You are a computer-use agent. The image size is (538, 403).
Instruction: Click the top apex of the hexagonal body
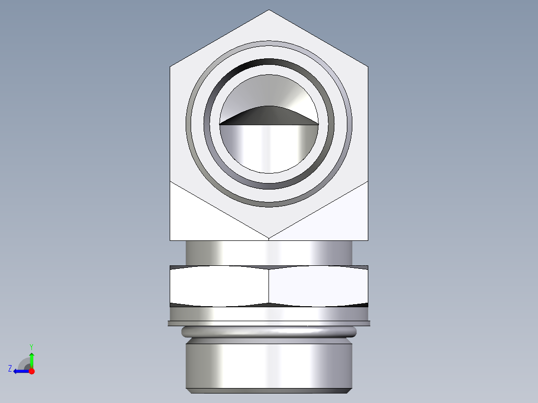269,10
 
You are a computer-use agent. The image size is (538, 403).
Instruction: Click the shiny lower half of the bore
269,147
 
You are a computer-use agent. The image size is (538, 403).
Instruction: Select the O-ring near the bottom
269,332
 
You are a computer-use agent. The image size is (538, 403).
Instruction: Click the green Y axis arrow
31,359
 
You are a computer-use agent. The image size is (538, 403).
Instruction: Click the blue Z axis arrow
20,371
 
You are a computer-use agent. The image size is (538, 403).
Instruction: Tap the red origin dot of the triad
31,371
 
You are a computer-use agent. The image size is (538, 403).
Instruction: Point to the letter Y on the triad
31,346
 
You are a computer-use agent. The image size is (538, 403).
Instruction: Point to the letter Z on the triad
10,369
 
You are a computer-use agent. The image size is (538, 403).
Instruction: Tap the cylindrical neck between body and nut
269,253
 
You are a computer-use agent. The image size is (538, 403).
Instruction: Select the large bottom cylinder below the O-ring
269,364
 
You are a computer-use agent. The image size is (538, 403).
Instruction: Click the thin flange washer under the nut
269,323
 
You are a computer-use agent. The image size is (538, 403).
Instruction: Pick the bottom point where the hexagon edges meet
269,238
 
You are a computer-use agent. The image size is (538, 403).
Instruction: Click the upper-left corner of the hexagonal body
171,66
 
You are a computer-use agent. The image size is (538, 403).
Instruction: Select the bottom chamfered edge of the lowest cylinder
269,391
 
